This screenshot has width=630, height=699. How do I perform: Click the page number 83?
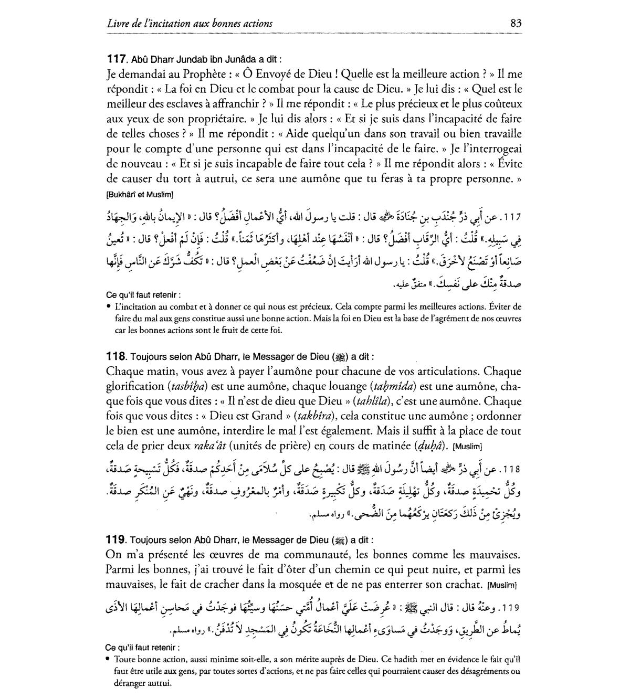click(x=515, y=23)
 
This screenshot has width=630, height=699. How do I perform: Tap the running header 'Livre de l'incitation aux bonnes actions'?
click(x=189, y=24)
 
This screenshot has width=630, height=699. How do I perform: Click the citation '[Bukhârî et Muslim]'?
click(x=140, y=195)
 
